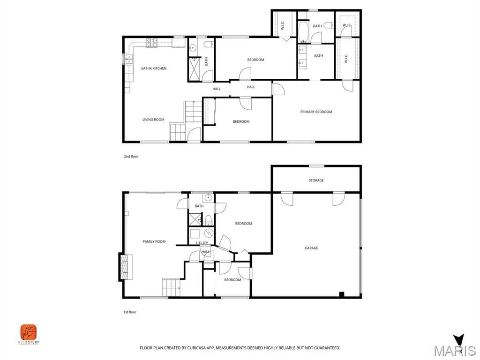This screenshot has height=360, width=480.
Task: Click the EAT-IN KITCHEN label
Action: pos(154,68)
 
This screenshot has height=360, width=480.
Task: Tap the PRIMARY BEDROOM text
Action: pos(316,112)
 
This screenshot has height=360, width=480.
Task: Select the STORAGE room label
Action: pos(316,180)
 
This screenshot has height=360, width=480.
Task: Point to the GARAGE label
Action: pos(311,247)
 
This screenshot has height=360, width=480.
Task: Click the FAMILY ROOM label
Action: pos(154,241)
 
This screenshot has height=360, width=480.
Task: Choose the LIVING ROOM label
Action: pos(153,120)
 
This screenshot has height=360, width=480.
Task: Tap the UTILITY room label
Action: pos(202,243)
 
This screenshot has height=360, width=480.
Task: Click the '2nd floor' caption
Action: pos(131,156)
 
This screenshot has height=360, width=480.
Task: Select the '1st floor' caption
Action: pos(129,312)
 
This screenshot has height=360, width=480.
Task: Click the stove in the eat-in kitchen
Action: pos(151,43)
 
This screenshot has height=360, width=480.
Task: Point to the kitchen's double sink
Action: pos(128,59)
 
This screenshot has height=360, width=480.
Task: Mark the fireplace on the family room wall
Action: pos(126,267)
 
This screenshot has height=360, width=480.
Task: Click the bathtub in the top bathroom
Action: pos(302,31)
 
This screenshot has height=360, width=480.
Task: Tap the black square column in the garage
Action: pos(342,294)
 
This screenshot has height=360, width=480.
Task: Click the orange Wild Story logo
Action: pos(29,333)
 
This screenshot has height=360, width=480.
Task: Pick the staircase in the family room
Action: pos(171,287)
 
